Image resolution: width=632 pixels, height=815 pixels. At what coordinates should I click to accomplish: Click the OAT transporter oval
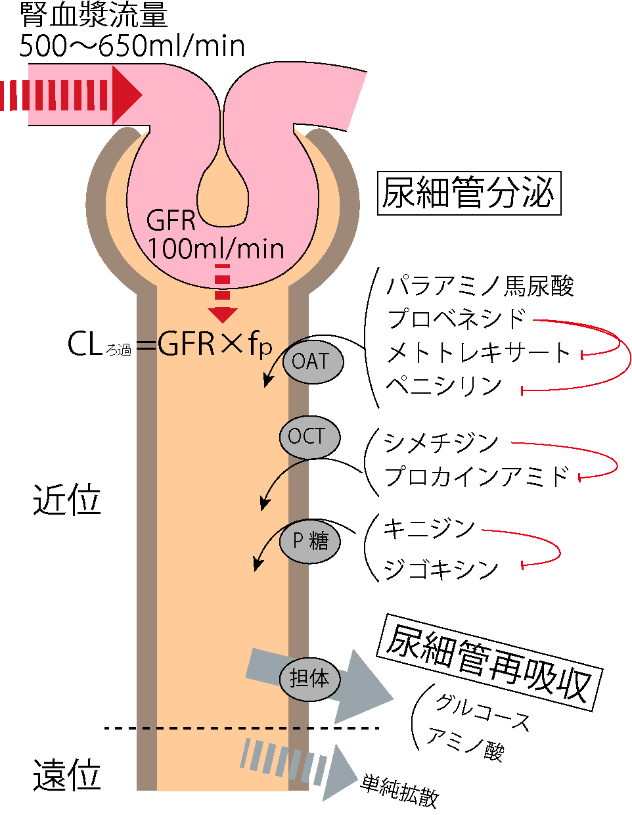click(x=313, y=362)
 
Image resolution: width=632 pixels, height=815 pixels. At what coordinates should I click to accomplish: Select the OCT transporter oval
click(x=309, y=437)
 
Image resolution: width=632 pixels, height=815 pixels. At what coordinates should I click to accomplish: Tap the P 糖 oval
click(x=309, y=542)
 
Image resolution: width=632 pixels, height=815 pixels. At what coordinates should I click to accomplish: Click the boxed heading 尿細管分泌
click(x=469, y=193)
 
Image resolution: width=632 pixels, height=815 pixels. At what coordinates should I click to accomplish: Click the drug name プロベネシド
click(x=456, y=319)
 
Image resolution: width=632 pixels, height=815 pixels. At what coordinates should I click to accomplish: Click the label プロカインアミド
click(x=477, y=477)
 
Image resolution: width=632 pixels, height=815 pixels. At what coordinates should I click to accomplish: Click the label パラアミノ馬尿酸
click(x=480, y=287)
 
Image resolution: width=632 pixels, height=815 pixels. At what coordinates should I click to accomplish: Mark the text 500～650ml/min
click(x=132, y=46)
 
